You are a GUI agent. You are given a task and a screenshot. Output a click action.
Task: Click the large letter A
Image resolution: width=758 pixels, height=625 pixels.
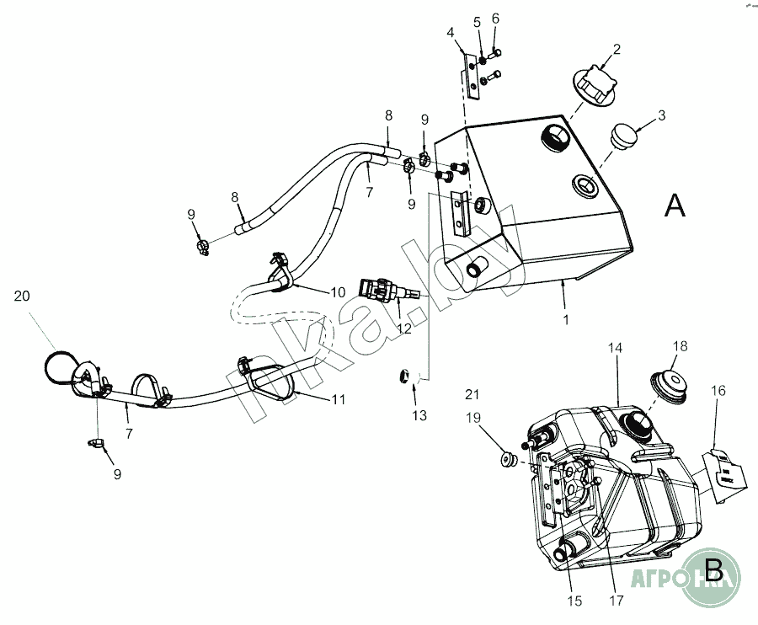tap(675, 205)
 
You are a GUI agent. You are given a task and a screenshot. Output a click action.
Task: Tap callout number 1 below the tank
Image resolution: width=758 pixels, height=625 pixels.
tap(566, 319)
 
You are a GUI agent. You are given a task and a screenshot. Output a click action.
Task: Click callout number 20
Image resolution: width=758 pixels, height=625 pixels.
tap(22, 296)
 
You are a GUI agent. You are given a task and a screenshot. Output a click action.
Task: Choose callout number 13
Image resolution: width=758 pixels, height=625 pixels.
tap(419, 415)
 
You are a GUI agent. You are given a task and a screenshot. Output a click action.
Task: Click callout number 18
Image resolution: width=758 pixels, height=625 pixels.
tap(681, 346)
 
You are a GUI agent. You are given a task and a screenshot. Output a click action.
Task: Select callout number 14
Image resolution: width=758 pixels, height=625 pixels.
tap(618, 346)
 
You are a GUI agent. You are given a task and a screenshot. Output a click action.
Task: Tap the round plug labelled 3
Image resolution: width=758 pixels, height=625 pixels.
tap(623, 136)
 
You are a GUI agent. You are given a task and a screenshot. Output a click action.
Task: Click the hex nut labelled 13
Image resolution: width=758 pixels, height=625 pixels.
tap(403, 377)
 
